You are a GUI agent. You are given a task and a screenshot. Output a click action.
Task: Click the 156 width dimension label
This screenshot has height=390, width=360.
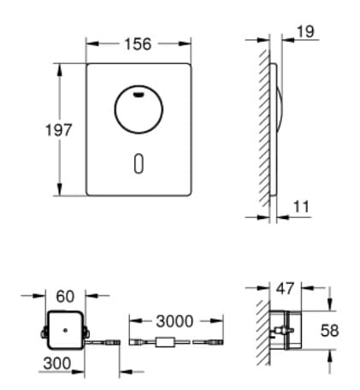coord(138,44)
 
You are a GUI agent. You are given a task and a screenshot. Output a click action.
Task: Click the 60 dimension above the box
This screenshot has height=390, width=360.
coord(65,296)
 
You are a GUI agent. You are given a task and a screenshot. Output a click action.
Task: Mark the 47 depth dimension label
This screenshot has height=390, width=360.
coord(286,288)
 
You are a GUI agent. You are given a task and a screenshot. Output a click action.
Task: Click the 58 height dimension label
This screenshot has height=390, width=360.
coord(342,330)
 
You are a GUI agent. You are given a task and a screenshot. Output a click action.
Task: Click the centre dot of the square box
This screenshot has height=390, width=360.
coord(65,329)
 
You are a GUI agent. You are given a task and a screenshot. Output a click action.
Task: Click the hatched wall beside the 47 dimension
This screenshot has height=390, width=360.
coord(263,329)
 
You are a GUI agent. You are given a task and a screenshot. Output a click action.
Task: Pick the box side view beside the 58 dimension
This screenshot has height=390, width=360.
coord(287,330)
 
